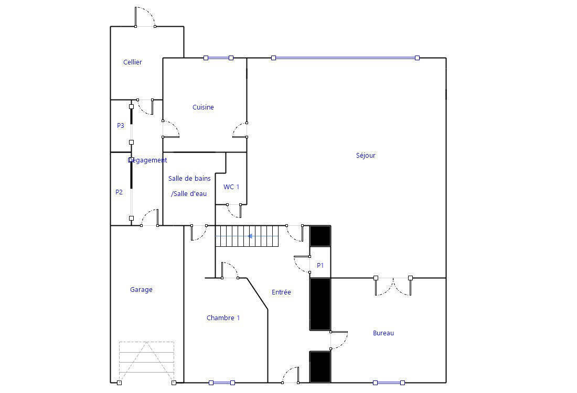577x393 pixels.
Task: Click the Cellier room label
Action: click(x=133, y=62)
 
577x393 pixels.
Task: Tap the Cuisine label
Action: click(x=203, y=107)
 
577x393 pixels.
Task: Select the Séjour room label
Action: click(x=366, y=155)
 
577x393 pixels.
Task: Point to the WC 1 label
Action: click(x=231, y=187)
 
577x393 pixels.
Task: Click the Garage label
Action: click(x=141, y=290)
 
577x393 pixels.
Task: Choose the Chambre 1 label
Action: click(x=223, y=318)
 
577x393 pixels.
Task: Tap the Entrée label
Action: click(x=282, y=292)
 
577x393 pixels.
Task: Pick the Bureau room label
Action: click(x=383, y=333)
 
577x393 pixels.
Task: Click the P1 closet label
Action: click(x=320, y=266)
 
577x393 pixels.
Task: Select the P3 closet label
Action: click(x=120, y=126)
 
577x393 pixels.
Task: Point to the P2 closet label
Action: click(x=119, y=192)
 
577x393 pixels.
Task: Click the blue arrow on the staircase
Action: click(x=250, y=236)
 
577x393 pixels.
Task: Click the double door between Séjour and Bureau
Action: click(x=393, y=286)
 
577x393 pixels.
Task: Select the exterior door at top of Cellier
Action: click(x=145, y=17)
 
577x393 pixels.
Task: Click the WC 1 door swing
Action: click(x=234, y=211)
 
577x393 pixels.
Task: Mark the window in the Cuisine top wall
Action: click(x=219, y=58)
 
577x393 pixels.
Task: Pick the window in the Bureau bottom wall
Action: click(x=389, y=383)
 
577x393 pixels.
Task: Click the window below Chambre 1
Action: click(x=222, y=383)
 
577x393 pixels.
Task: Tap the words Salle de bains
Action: click(x=189, y=178)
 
